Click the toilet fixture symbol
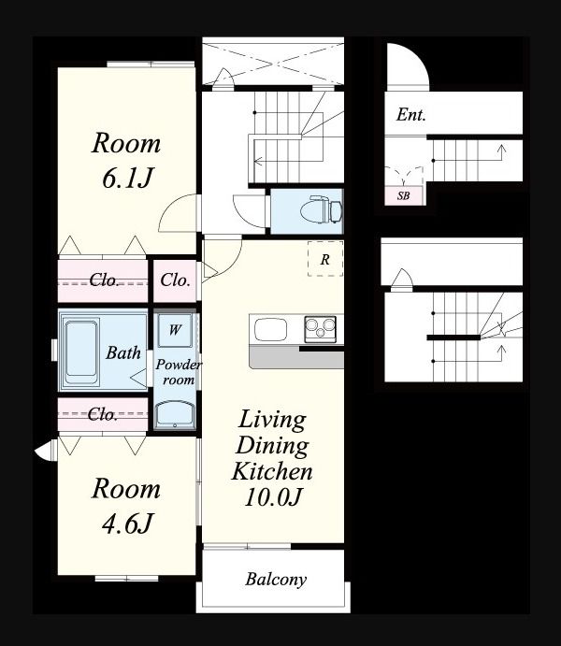pyautogui.click(x=322, y=210)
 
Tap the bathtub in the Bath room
pyautogui.click(x=81, y=349)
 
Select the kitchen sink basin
pyautogui.click(x=270, y=330)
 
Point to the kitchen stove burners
pyautogui.click(x=321, y=329)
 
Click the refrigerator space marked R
pyautogui.click(x=325, y=259)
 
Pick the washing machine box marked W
pyautogui.click(x=175, y=330)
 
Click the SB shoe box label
pyautogui.click(x=404, y=195)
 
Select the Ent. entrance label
pyautogui.click(x=410, y=115)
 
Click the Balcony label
pyautogui.click(x=276, y=580)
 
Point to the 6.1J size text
pyautogui.click(x=128, y=179)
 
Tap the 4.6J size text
pyautogui.click(x=128, y=524)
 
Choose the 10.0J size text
pyautogui.click(x=273, y=496)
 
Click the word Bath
pyautogui.click(x=123, y=352)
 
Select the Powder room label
pyautogui.click(x=179, y=372)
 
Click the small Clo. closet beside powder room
pyautogui.click(x=175, y=280)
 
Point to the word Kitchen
pyautogui.click(x=272, y=471)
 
